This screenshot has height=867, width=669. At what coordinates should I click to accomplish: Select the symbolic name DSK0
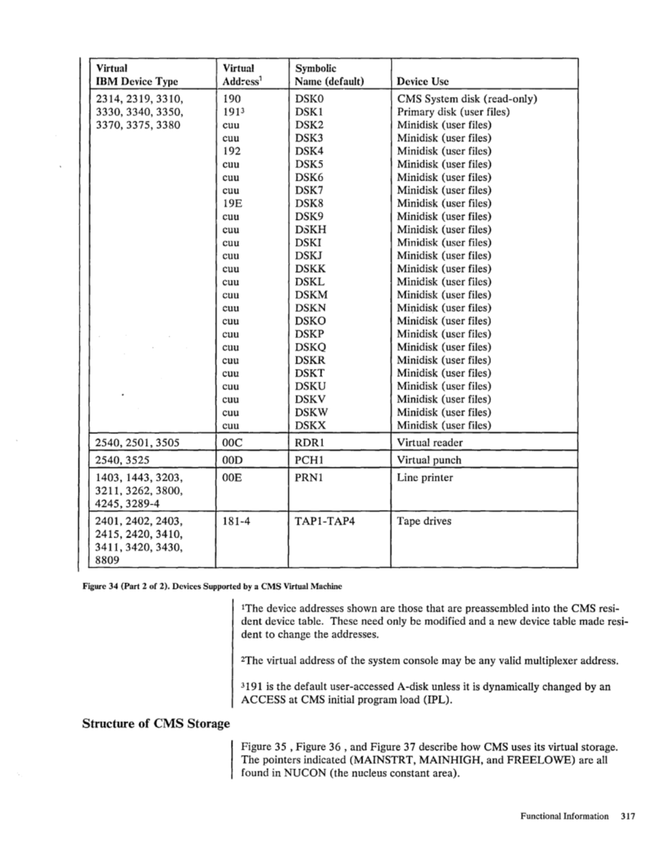pos(308,99)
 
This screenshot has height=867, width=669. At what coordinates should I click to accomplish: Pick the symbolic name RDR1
pos(310,443)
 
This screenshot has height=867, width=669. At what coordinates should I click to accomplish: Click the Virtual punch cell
pos(429,460)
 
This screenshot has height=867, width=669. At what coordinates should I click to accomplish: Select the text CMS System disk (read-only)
pos(467,99)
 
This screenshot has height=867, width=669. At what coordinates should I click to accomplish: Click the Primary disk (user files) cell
pos(453,112)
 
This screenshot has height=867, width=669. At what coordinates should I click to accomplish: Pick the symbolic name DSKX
pos(309,426)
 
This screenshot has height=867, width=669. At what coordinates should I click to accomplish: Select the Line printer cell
pos(425,478)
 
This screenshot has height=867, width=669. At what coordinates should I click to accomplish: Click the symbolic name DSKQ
pos(310,347)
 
